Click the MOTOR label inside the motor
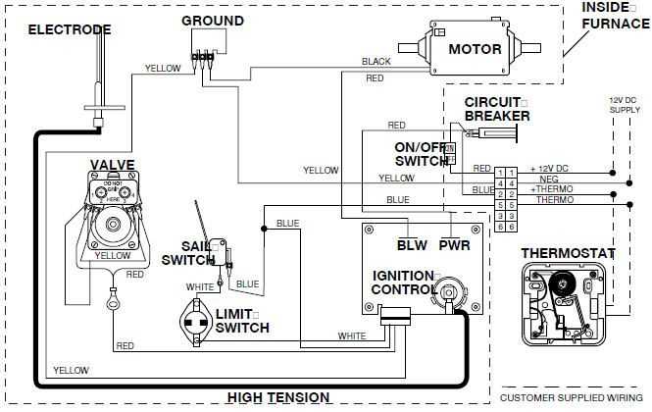(x=476, y=49)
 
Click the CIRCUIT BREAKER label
(x=497, y=109)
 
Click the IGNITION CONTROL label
(x=403, y=283)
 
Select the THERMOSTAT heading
(x=568, y=253)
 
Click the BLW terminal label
(x=412, y=245)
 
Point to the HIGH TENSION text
(x=278, y=397)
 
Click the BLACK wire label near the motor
(x=376, y=62)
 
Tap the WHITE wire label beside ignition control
(x=352, y=335)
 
